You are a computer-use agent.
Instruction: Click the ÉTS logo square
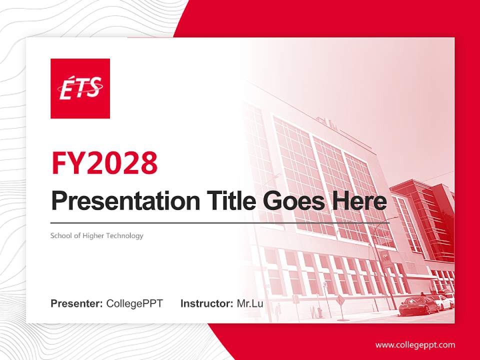80,88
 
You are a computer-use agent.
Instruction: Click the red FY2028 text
104,163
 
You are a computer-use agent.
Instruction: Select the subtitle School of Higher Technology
96,235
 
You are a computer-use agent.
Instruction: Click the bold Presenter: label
76,303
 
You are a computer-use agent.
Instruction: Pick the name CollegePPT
134,303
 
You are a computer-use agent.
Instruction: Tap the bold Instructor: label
206,303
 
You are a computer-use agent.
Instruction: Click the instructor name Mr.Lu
249,303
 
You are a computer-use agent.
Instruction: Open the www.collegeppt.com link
415,344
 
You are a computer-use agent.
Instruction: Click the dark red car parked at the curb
418,305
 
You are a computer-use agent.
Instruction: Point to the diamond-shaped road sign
341,300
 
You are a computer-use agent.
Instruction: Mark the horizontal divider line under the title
220,222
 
